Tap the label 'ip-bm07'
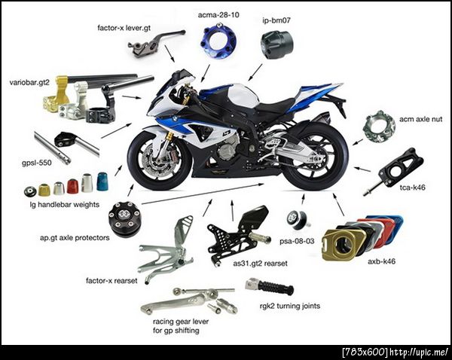[x=276, y=20]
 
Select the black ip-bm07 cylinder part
[x=276, y=44]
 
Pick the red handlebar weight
[x=72, y=186]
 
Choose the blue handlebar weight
[x=102, y=182]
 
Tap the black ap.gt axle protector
[x=124, y=219]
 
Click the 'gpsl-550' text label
[x=37, y=163]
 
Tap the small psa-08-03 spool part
[x=298, y=220]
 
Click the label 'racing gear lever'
[x=181, y=322]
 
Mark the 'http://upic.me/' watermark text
[x=419, y=352]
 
